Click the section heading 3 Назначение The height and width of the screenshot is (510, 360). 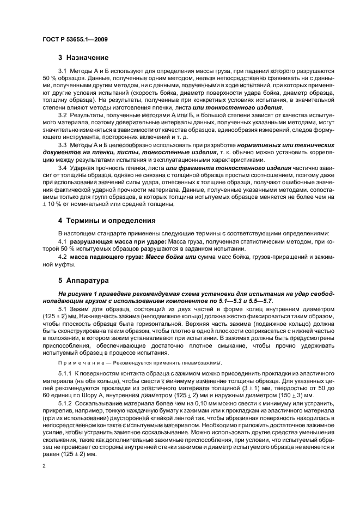[83, 57]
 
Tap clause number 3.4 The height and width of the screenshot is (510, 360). [62, 168]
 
